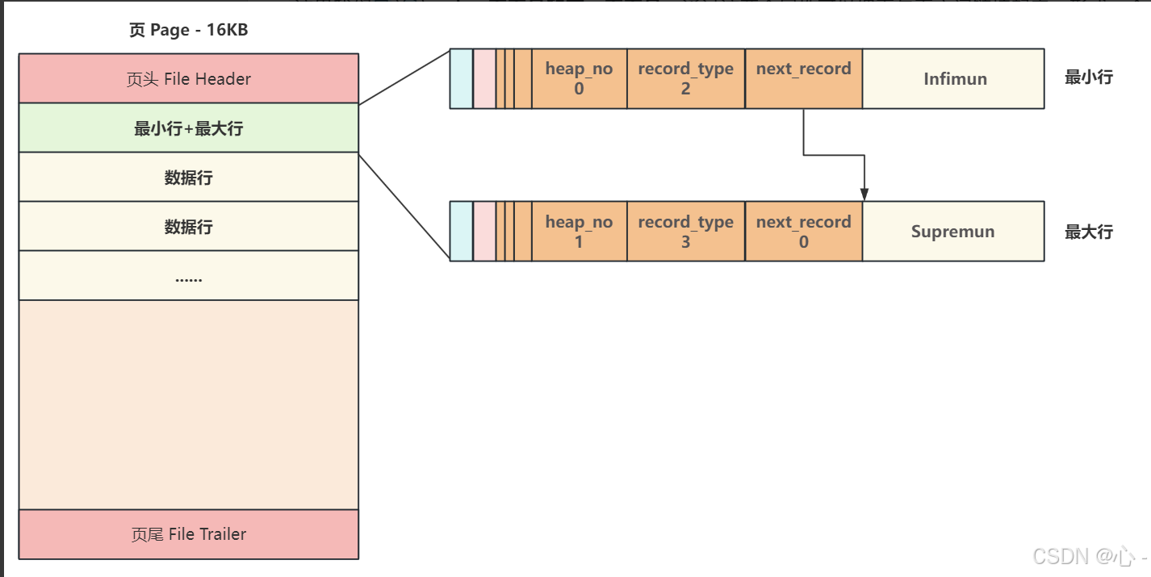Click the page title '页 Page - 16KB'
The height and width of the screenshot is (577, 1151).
(x=188, y=31)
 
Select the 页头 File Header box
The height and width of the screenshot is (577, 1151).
(x=188, y=79)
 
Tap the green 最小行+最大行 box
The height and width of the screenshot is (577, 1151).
(x=188, y=128)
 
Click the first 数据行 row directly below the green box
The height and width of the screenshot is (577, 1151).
(x=188, y=178)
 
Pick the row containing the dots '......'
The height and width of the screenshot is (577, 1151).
(x=188, y=276)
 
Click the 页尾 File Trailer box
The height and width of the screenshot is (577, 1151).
(x=188, y=534)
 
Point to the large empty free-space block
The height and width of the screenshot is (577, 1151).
(x=188, y=404)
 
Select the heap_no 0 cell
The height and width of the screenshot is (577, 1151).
(x=579, y=78)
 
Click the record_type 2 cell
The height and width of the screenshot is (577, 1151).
(x=685, y=78)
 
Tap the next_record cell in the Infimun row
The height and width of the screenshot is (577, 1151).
(x=803, y=78)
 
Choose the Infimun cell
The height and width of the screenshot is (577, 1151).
(x=953, y=79)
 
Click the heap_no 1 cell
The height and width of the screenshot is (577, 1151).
(x=579, y=232)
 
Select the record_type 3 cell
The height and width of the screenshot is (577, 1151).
(x=685, y=232)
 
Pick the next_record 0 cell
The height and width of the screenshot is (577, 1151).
(x=803, y=232)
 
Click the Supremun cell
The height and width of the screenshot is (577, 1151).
(x=953, y=232)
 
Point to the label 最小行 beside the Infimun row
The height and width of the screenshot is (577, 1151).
(x=1088, y=77)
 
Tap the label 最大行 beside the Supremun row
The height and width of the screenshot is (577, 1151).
(x=1088, y=232)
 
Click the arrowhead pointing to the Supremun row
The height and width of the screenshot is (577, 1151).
(x=864, y=194)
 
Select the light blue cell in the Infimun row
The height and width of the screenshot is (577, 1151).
(x=461, y=78)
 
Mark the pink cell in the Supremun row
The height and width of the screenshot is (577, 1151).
(x=484, y=232)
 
